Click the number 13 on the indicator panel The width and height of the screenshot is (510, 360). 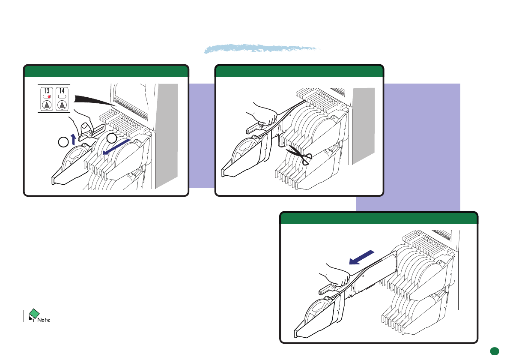47,91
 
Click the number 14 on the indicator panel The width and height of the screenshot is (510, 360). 62,91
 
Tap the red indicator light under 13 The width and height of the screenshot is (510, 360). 49,97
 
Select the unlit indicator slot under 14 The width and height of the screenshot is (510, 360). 62,97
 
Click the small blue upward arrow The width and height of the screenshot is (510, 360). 74,139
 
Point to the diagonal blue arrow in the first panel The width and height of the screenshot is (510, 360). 116,147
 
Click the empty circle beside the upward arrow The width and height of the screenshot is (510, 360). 63,142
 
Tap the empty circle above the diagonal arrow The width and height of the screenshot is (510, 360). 112,138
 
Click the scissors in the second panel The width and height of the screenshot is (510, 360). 300,155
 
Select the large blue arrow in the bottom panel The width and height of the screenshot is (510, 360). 361,258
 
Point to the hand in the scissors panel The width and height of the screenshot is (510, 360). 263,114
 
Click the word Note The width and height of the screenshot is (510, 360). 44,320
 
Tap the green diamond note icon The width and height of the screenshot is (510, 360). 34,314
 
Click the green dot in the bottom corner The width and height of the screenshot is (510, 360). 495,351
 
